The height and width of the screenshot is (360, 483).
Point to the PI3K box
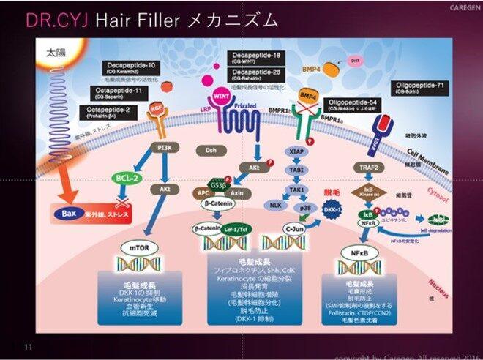[x=165, y=147]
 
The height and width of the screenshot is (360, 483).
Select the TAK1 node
[x=297, y=188]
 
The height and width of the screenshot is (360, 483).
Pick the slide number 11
[x=29, y=346]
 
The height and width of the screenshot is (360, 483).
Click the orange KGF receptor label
[x=156, y=108]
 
